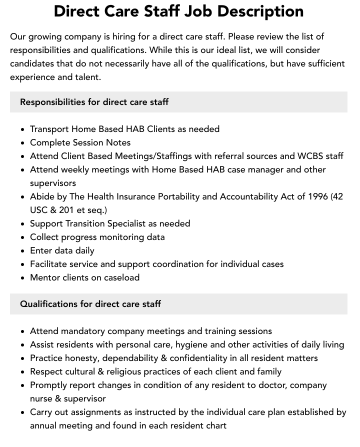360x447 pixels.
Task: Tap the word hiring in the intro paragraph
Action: (x=119, y=37)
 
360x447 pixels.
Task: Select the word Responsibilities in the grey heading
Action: (x=52, y=102)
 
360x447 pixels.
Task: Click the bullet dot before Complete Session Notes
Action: (x=22, y=143)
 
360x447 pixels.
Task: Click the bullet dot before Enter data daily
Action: (x=22, y=251)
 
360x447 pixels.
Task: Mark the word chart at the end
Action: (x=214, y=425)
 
